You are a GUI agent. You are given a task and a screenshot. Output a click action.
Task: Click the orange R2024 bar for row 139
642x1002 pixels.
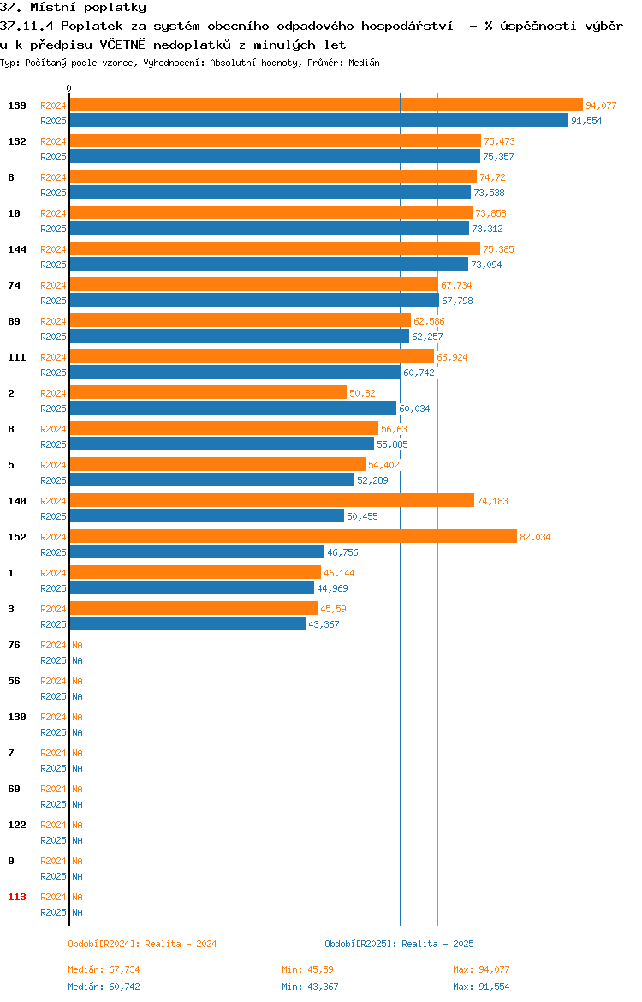[x=326, y=105]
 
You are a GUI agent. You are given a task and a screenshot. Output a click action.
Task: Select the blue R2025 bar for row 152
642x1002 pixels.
[x=197, y=552]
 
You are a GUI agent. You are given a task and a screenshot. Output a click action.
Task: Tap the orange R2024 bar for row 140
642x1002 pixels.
[x=271, y=501]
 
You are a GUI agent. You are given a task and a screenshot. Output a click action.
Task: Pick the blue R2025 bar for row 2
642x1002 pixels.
[x=233, y=409]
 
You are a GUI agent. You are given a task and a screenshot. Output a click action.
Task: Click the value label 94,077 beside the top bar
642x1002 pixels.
[x=601, y=105]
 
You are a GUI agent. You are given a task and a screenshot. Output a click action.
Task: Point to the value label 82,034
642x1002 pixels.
[x=535, y=538]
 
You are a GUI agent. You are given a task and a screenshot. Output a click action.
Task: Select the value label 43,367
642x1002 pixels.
[x=324, y=624]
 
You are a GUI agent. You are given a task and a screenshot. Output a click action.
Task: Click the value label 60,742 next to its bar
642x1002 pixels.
[x=419, y=373]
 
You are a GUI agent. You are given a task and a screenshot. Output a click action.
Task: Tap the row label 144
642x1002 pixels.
[x=16, y=249]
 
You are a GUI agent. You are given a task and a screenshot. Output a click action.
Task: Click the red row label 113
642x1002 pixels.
[x=16, y=898]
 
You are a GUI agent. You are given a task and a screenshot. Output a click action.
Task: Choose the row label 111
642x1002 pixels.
[x=16, y=357]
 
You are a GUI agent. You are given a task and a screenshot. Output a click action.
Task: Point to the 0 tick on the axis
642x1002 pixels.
[x=69, y=89]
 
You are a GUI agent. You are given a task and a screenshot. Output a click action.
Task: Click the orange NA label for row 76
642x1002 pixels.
[x=77, y=646]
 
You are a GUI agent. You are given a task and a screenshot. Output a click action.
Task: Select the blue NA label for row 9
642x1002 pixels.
[x=77, y=877]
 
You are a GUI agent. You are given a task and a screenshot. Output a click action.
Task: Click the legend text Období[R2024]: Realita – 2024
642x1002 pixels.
[x=142, y=944]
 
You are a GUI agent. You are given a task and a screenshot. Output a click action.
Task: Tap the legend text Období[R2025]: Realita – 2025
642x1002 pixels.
[x=399, y=944]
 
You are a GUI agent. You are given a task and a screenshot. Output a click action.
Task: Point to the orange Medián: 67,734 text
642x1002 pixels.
[x=104, y=969]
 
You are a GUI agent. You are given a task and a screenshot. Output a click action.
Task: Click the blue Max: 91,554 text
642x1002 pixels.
[x=481, y=987]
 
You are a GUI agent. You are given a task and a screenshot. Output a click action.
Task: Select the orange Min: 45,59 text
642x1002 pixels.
[x=307, y=969]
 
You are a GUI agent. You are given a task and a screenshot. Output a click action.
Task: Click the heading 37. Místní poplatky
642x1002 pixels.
[x=73, y=8]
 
